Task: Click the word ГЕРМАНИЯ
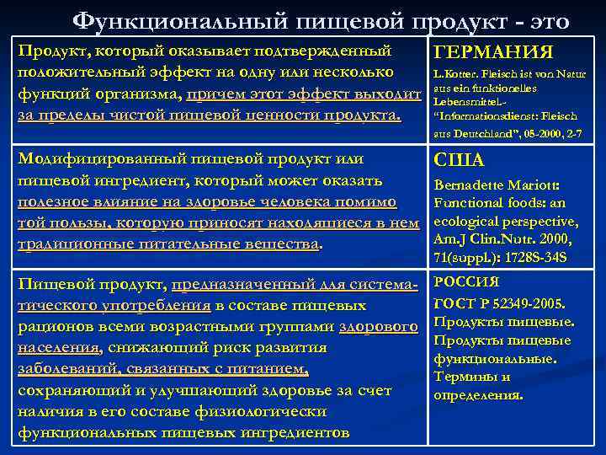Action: [492, 53]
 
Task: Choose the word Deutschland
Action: [472, 133]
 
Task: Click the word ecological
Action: [468, 222]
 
